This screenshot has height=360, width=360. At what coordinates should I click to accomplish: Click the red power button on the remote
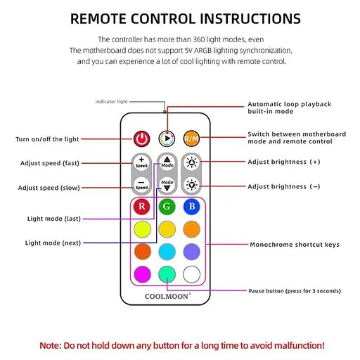[142, 139]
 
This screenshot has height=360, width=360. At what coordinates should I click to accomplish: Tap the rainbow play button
[167, 139]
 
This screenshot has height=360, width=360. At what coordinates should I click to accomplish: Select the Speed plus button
[142, 162]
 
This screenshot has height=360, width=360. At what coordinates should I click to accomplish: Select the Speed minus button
[142, 186]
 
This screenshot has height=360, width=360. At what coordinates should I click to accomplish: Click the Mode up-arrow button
[167, 162]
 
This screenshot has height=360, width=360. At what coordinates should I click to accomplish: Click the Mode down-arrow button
[167, 186]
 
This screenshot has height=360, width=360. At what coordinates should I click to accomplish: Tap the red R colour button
[142, 207]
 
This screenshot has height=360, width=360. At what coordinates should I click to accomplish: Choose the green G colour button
[167, 207]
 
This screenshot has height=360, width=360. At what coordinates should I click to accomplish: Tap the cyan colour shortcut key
[167, 251]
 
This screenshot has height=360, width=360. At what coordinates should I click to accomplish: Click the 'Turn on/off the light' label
[47, 139]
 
